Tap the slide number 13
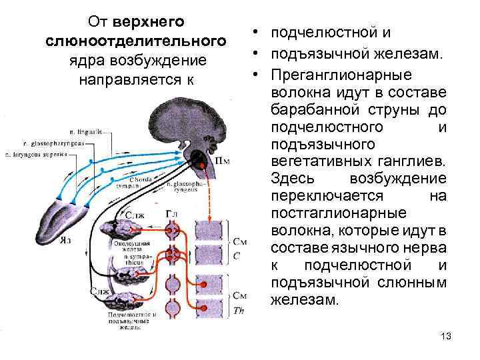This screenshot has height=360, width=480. point(446,335)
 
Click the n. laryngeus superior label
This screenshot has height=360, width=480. point(37,155)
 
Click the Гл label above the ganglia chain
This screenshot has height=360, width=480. point(171,213)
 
